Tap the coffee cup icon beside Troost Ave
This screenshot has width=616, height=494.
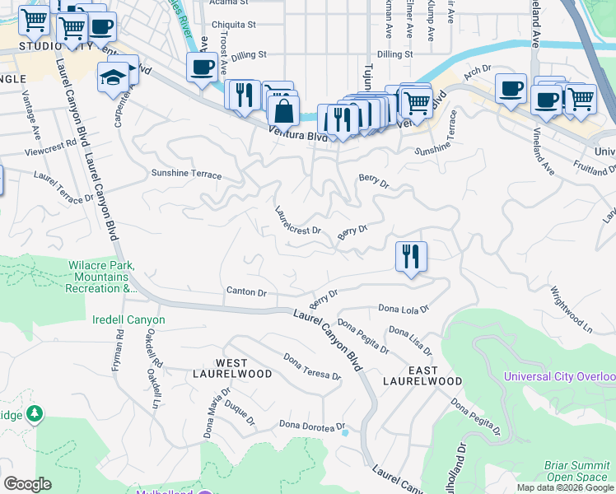click(202, 68)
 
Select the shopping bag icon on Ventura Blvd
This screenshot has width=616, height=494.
click(282, 110)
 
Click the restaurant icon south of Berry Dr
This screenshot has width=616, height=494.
click(411, 256)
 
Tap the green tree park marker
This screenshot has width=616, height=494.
click(35, 412)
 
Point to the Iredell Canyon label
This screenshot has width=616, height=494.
click(129, 319)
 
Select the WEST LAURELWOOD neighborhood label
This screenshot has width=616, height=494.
click(244, 368)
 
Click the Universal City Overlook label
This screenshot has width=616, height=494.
click(560, 377)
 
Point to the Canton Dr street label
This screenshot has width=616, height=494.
click(247, 292)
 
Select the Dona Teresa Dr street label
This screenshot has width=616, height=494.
click(312, 367)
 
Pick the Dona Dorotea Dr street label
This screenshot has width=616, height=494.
click(310, 426)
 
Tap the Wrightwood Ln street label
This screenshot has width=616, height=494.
click(572, 309)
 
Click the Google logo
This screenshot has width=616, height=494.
click(28, 484)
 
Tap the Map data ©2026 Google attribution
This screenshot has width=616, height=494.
click(566, 487)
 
